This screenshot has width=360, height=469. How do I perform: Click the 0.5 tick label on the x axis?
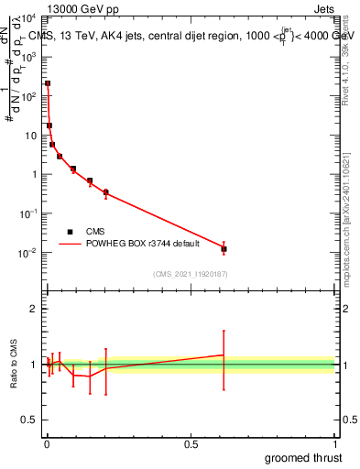coord(191,443)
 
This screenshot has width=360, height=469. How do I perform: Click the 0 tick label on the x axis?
coord(47,443)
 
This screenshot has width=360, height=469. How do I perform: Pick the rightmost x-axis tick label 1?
coord(334,443)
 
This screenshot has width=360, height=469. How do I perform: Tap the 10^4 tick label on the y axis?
coord(28,18)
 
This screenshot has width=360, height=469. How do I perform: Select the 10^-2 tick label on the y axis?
coord(28,252)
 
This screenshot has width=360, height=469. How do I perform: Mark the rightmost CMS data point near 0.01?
coord(224,248)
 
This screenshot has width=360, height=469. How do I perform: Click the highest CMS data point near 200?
coord(48,83)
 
